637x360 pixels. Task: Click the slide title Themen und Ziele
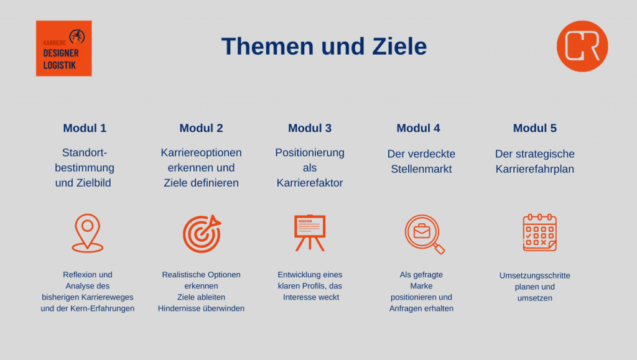coord(323,46)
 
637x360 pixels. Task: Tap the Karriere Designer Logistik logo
coord(64,48)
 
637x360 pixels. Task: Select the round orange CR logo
coord(582,46)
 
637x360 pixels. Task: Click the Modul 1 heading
coord(85,128)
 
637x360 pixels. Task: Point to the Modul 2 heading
coord(201,128)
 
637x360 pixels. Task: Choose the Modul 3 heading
coord(310,128)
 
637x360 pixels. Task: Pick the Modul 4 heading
coord(418,128)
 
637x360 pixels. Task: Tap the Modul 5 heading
coord(534,128)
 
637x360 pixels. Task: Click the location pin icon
coord(87,233)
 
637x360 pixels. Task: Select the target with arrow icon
coord(202,233)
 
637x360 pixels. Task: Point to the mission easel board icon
coord(310,233)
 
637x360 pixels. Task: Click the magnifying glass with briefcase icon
coord(424,234)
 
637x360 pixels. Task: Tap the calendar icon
coord(539,233)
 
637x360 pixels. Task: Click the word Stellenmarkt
coord(421,169)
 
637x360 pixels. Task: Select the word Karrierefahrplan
coord(534,169)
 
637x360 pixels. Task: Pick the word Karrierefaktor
coord(310,183)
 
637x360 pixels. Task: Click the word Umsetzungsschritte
coord(534,275)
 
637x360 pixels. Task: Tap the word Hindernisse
coord(177,308)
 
